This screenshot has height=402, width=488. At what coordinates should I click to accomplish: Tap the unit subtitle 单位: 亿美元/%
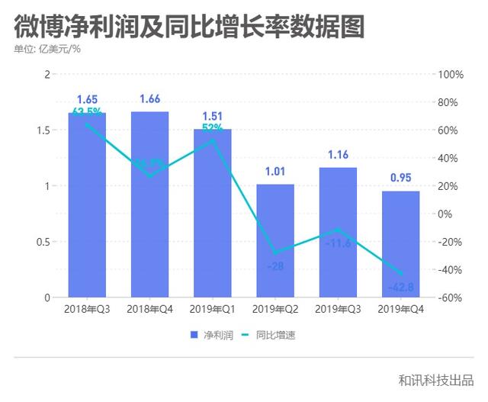tap(47, 50)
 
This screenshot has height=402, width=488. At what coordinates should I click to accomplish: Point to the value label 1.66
tap(149, 99)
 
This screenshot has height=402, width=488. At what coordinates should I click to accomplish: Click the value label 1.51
tap(212, 116)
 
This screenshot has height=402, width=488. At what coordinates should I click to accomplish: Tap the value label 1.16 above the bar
tap(337, 155)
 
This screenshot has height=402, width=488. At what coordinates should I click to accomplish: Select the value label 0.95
tap(400, 178)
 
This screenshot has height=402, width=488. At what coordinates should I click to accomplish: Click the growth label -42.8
tap(400, 288)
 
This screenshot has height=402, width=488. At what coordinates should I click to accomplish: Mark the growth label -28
tap(275, 266)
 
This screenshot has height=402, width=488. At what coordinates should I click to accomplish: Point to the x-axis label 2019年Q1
tap(212, 309)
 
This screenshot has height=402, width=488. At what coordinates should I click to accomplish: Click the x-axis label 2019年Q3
tap(337, 309)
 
